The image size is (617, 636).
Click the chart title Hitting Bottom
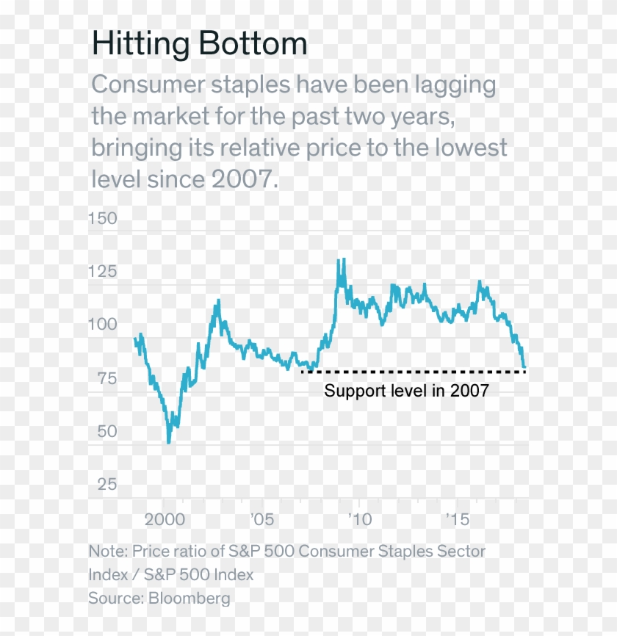[x=199, y=45]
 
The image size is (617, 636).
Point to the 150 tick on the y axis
[x=102, y=218]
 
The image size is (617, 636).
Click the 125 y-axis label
[x=102, y=272]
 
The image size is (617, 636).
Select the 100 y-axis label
[x=102, y=325]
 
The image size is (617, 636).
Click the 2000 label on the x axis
[x=164, y=519]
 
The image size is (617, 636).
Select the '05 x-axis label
[x=261, y=519]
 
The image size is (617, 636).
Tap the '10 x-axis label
[x=359, y=519]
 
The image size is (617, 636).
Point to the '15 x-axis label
[x=457, y=519]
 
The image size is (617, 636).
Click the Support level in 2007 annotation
[x=406, y=391]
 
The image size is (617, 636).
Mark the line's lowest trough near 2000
[x=169, y=442]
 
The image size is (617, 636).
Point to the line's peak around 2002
[x=217, y=300]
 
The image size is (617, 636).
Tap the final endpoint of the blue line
[x=524, y=367]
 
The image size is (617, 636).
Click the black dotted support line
[x=411, y=372]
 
